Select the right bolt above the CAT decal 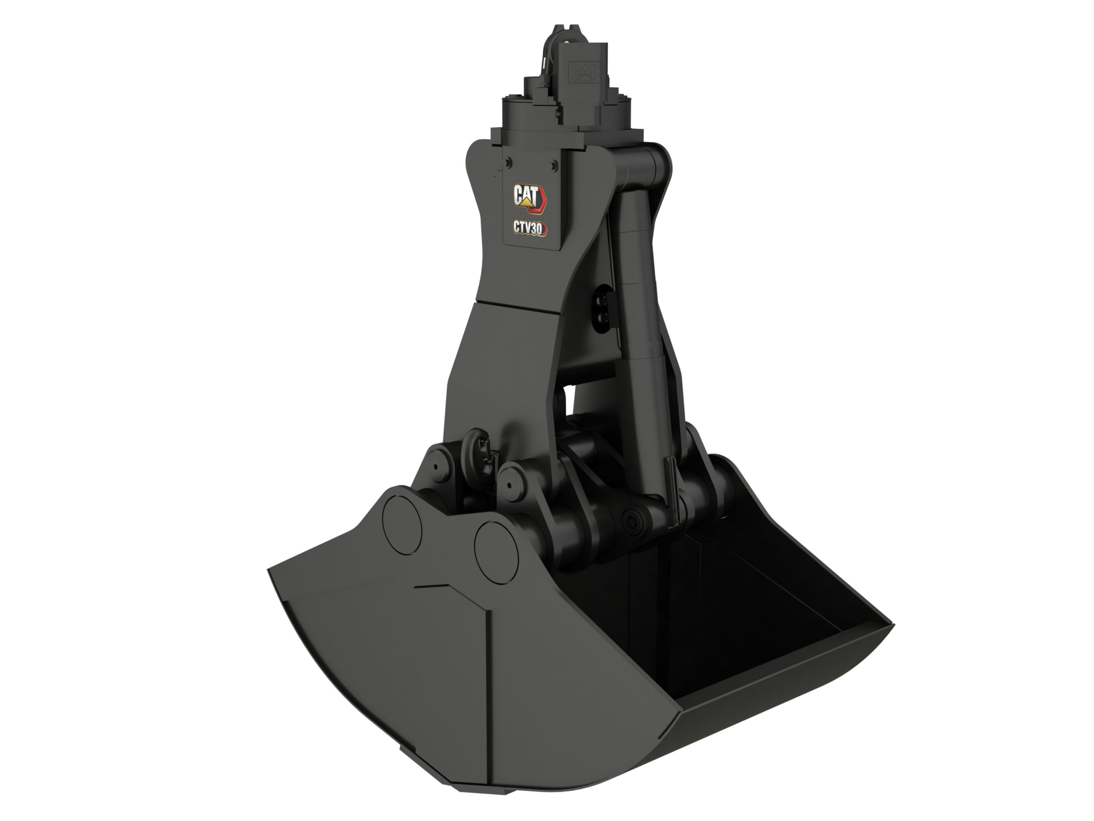coord(554,164)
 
